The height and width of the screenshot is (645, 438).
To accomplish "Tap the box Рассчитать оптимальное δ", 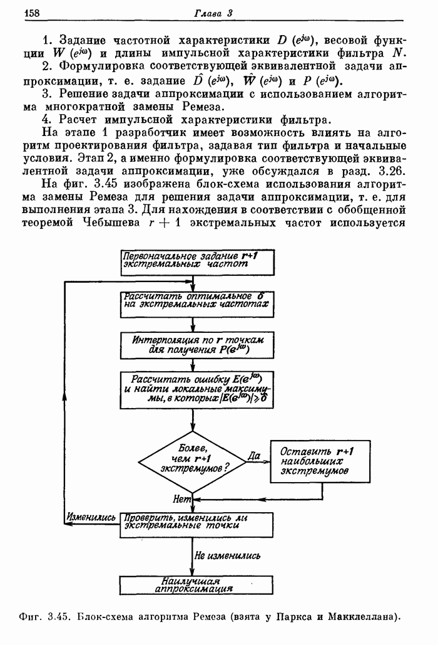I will coord(197,300).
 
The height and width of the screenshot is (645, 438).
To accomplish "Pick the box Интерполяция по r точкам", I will coord(197,344).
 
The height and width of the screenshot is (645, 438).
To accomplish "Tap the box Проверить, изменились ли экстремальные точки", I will coord(197,522).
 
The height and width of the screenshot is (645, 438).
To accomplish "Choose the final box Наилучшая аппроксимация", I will coord(197,584).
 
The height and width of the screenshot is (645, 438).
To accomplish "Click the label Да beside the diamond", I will coord(254,456).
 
